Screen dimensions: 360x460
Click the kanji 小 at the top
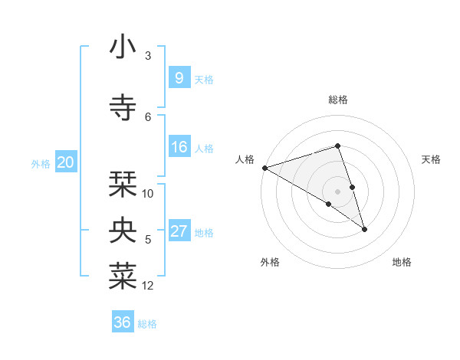point(123,47)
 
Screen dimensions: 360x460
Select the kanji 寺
point(123,106)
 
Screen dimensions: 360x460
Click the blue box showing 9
point(179,77)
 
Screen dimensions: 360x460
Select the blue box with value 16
point(179,148)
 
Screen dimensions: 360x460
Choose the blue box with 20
point(66,162)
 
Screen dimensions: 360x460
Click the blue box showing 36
point(123,322)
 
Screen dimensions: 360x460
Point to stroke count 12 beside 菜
point(148,286)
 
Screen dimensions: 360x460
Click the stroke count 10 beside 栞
point(148,193)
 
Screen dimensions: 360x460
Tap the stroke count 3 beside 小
point(148,55)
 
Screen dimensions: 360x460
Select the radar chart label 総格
point(337,100)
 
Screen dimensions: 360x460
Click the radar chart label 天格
point(432,159)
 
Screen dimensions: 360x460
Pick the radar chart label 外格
point(270,262)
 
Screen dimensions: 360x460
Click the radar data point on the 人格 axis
point(264,167)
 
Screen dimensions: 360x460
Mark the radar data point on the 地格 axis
point(364,228)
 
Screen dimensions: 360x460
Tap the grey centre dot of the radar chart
point(337,191)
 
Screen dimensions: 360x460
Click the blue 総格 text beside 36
point(147,324)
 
